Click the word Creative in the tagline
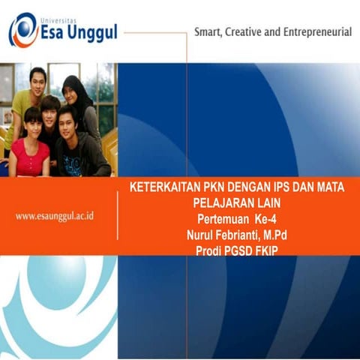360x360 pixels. (254, 32)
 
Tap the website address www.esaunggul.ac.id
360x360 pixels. (59, 216)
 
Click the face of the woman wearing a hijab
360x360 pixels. (73, 91)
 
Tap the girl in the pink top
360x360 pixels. (30, 146)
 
